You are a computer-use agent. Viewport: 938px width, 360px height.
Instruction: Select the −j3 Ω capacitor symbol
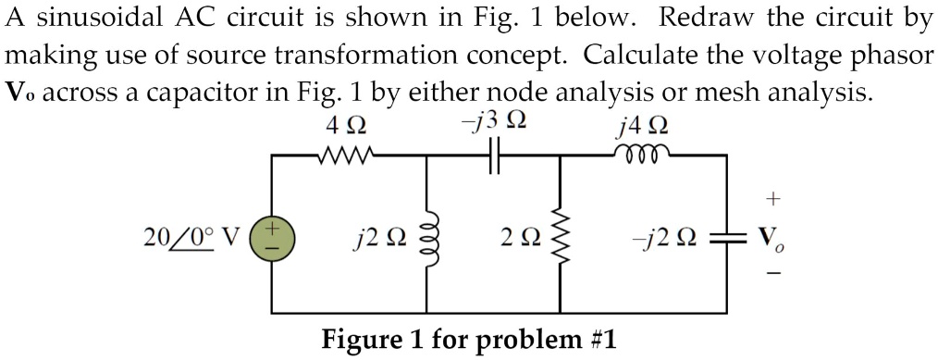click(493, 156)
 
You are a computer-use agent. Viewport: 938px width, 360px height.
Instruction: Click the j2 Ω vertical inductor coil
click(426, 237)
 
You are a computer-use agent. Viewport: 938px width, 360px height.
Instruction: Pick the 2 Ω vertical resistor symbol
click(560, 237)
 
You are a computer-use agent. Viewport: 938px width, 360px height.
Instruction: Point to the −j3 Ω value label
click(494, 120)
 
